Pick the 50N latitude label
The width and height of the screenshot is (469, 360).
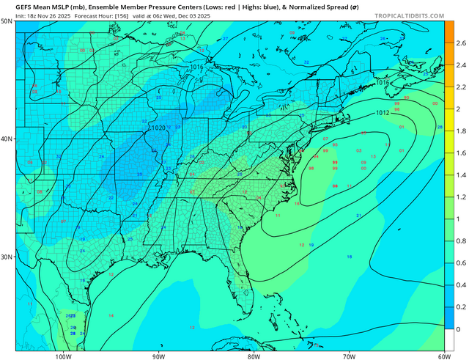pos(7,22)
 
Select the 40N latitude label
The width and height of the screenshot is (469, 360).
pos(7,139)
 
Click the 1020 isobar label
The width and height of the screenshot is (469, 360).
pos(158,128)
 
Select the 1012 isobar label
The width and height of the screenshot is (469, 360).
pos(383,113)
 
